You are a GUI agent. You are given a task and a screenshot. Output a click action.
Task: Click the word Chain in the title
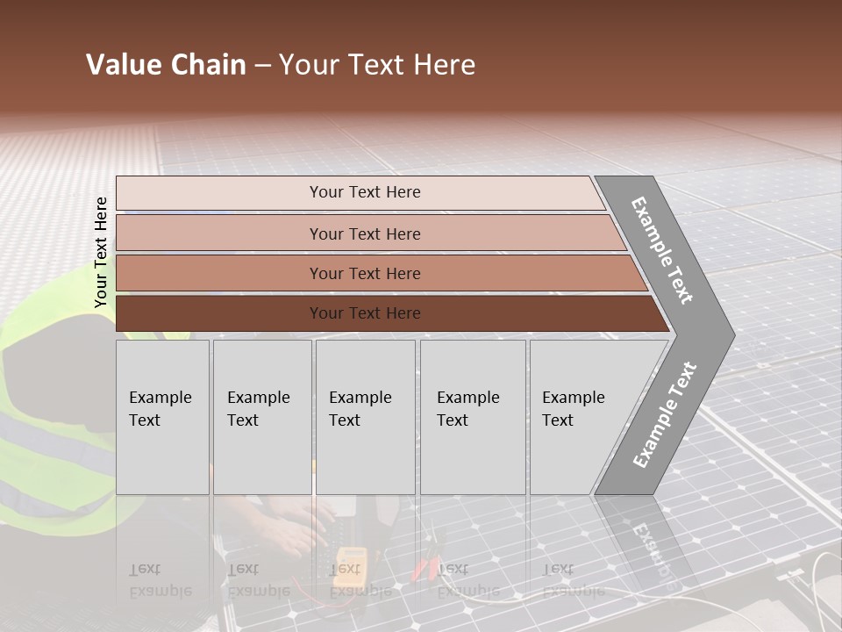tap(208, 65)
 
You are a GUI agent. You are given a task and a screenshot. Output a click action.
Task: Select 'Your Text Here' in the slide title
tap(377, 65)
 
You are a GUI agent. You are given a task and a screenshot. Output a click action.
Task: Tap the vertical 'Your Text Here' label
tap(101, 253)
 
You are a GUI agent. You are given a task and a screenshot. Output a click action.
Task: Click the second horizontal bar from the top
tap(365, 233)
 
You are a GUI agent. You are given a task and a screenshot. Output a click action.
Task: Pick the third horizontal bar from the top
tap(365, 273)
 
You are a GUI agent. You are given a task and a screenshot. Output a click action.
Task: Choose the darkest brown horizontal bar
tap(365, 313)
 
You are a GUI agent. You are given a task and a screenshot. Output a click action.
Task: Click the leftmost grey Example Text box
tap(162, 416)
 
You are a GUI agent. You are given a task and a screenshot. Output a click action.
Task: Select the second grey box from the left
tap(261, 416)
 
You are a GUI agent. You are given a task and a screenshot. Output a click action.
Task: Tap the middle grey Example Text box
tap(365, 416)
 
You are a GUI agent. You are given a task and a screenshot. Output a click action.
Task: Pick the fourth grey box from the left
tap(472, 416)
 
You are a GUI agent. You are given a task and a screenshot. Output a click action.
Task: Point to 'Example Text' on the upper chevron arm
tap(663, 250)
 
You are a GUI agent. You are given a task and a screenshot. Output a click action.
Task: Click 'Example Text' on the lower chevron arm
tap(665, 414)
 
